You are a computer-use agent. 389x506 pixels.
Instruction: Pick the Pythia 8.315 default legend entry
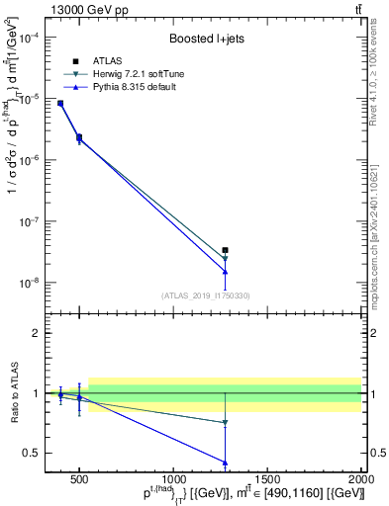[x=138, y=88]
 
